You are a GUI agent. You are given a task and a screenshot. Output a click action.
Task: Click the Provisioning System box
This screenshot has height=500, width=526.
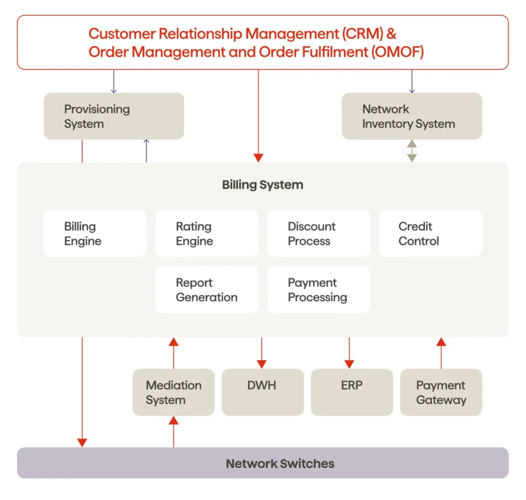tap(114, 116)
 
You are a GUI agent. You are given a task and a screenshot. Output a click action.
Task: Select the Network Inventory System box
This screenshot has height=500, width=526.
tap(411, 116)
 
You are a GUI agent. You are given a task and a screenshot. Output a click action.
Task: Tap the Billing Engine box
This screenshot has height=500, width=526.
tap(95, 234)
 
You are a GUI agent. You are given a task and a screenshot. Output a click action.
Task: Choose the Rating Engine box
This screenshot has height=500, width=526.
tap(206, 234)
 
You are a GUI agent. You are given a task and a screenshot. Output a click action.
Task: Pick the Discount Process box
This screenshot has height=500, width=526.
tap(318, 234)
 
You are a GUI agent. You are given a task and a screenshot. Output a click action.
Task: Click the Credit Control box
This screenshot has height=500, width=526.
tap(430, 234)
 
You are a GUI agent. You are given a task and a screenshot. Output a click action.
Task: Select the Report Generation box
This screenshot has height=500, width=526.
tap(206, 290)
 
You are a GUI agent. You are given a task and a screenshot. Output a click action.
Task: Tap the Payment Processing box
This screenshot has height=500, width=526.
tap(318, 290)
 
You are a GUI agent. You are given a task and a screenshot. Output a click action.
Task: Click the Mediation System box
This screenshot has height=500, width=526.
tap(173, 392)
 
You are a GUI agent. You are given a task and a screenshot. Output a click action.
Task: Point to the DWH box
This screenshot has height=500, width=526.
tap(262, 392)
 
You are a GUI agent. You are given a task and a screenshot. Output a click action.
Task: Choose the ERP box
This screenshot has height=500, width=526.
tap(351, 392)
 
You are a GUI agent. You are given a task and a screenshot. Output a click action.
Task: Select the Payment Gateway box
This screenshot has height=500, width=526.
tap(441, 392)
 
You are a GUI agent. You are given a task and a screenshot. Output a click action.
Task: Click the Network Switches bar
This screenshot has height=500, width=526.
tap(262, 463)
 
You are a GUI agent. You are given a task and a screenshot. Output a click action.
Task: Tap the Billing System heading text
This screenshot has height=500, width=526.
tap(262, 185)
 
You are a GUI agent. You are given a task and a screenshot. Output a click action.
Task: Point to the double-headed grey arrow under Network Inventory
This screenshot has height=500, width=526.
tap(412, 151)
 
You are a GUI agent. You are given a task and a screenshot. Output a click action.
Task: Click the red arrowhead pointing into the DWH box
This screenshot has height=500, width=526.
tap(261, 363)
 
